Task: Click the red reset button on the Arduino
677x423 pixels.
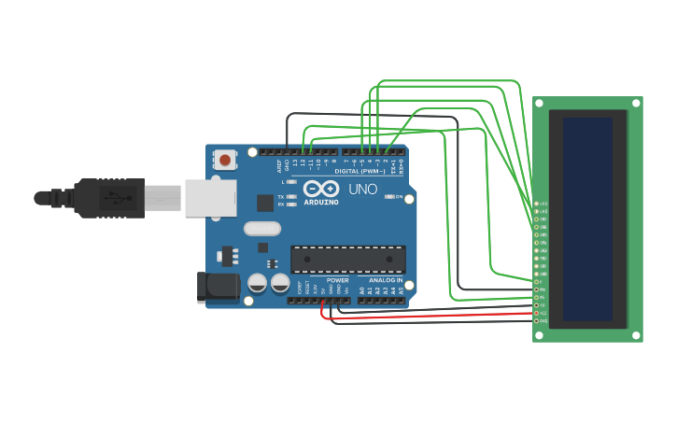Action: tap(225, 159)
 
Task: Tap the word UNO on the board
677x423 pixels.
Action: tap(362, 190)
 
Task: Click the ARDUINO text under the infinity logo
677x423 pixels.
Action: tap(320, 202)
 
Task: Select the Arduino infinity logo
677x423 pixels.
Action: tap(320, 188)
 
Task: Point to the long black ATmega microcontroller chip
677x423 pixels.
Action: tap(347, 260)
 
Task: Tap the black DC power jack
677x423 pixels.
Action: tap(217, 287)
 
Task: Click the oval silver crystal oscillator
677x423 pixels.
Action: tap(261, 229)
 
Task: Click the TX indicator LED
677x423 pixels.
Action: tap(292, 197)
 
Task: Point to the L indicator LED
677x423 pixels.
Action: tap(292, 182)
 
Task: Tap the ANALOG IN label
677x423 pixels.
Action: tap(385, 280)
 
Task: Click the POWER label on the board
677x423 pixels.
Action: tap(337, 280)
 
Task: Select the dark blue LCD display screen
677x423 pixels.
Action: tap(587, 219)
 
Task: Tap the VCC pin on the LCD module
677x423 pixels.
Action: tap(538, 313)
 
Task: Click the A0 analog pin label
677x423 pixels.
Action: tap(361, 290)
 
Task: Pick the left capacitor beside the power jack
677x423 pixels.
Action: tap(257, 283)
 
